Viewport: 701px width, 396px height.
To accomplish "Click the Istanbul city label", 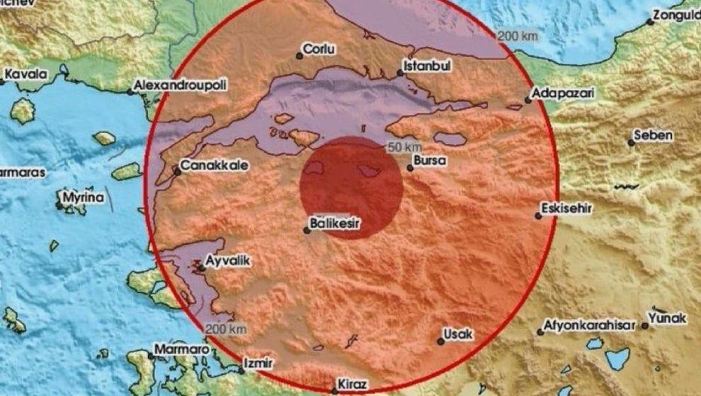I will click(x=427, y=66).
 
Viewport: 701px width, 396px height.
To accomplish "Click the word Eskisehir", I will click(x=566, y=209).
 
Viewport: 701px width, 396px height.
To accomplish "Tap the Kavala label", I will click(x=25, y=74).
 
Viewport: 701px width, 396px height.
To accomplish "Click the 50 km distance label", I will click(x=400, y=147).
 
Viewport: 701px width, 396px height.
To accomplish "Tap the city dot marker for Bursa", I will click(x=410, y=168).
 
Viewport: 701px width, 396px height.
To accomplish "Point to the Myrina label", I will click(x=83, y=198).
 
